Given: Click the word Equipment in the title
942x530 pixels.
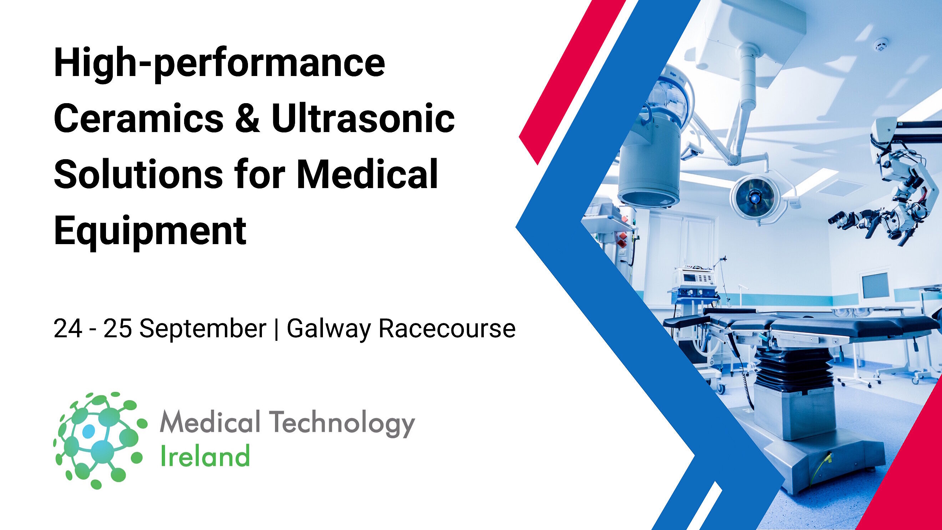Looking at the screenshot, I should point(150,231).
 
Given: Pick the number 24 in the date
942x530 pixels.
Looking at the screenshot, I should point(68,328).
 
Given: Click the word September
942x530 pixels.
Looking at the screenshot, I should point(203,328).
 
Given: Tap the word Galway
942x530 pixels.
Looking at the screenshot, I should point(328,329).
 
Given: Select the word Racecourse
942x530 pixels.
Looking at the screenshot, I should point(446,328).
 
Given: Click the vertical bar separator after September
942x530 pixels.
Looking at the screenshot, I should point(276,328).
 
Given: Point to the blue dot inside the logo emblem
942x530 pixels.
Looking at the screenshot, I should point(88,431).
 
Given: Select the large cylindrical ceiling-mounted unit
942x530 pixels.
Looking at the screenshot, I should point(648,165).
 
